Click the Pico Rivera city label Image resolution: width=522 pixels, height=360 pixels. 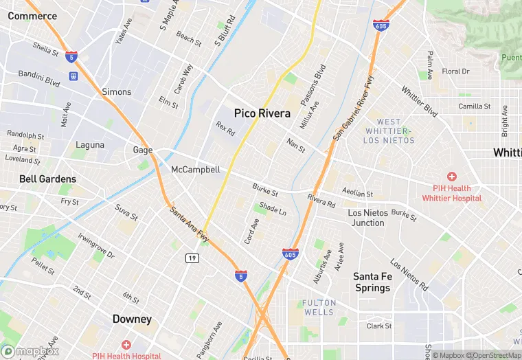pos(262,113)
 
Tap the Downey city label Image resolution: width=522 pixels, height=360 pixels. pos(132,319)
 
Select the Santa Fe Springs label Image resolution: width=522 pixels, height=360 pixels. pos(372,282)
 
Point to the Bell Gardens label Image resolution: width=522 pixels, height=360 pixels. pos(47,179)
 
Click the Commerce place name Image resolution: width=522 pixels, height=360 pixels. pos(32,16)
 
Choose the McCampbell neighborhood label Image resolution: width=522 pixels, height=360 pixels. pos(195,170)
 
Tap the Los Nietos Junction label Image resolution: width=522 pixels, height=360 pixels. pos(367,218)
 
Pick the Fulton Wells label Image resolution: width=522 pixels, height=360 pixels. pos(319,307)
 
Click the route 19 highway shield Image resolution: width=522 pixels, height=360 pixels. pos(192,258)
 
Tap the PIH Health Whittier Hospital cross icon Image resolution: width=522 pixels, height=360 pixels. pos(451,177)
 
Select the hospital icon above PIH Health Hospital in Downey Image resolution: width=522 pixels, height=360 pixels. pos(126,344)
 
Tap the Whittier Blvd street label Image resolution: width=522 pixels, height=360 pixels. pos(419,100)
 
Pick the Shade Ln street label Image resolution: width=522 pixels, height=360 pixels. pos(273,210)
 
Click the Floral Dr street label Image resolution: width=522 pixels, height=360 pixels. pos(455,71)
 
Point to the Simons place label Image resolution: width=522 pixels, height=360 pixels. pos(116,92)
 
